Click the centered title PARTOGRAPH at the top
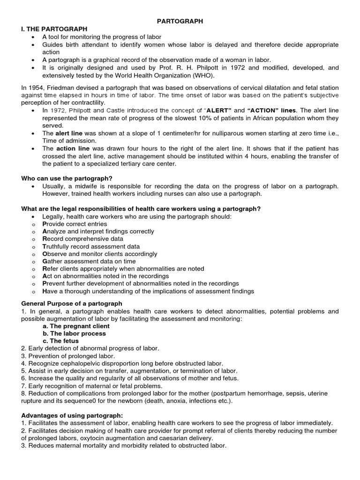180,21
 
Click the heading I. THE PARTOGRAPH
54,29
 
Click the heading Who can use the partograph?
68,179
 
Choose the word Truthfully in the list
59,246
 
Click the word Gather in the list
52,261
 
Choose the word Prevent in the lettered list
54,284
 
